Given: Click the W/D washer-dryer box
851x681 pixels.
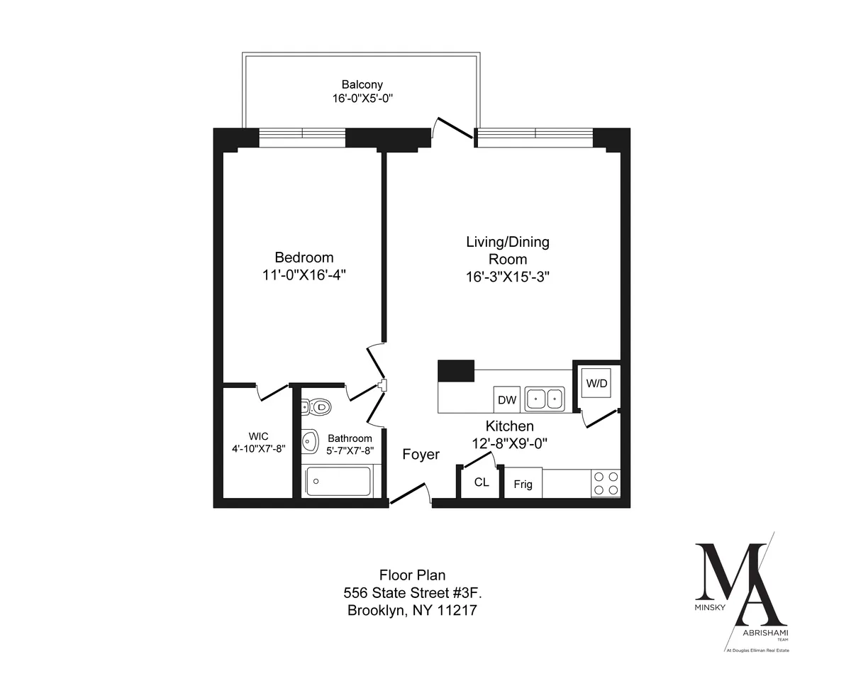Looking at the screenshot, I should pos(596,384).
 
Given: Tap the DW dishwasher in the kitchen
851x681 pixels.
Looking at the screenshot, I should pos(507,400).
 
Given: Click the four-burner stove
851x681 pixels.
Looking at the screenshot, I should pos(605,484).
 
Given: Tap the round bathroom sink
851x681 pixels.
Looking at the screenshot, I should pos(310,441).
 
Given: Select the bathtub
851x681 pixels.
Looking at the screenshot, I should pos(338,482).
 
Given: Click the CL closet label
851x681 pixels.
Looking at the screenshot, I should pos(482,482).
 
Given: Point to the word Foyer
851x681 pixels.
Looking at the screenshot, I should pos(421,455).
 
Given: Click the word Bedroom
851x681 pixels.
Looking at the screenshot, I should pos(304,257).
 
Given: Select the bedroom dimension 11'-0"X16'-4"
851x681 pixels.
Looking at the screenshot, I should pos(304,275).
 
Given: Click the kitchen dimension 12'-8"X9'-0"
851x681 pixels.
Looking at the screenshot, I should pos(509,444).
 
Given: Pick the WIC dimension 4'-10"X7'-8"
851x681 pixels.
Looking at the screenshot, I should pos(257,448).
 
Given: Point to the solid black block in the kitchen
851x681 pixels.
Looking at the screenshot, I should pos(456,371).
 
